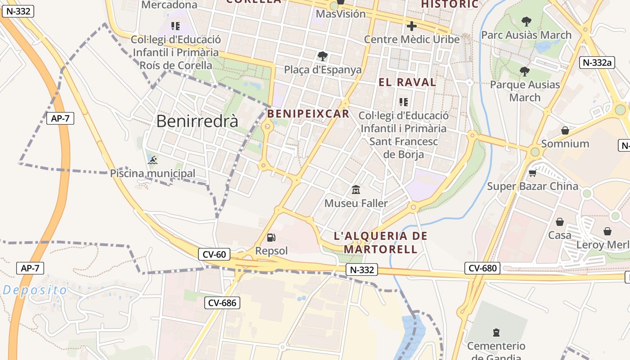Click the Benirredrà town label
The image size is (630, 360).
[197, 121]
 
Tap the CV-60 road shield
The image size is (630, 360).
[214, 254]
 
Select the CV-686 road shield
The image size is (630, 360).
[223, 303]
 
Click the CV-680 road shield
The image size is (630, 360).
[482, 269]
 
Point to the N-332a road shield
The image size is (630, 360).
[597, 63]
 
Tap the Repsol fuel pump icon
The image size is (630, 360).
[271, 238]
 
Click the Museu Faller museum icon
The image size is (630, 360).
[356, 190]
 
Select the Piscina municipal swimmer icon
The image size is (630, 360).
[153, 160]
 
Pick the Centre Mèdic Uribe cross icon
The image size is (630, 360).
[411, 26]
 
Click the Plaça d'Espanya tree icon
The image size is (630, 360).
[322, 56]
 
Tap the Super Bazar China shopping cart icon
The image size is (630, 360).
[533, 173]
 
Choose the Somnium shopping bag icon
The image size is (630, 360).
[565, 130]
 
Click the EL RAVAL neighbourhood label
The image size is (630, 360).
[407, 82]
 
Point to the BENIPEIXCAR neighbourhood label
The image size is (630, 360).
[308, 114]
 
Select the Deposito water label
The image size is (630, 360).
[35, 290]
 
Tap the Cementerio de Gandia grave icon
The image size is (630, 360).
[496, 333]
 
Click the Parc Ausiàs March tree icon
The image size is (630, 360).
[526, 21]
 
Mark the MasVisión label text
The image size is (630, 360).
[341, 14]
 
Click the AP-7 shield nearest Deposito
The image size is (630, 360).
[31, 268]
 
